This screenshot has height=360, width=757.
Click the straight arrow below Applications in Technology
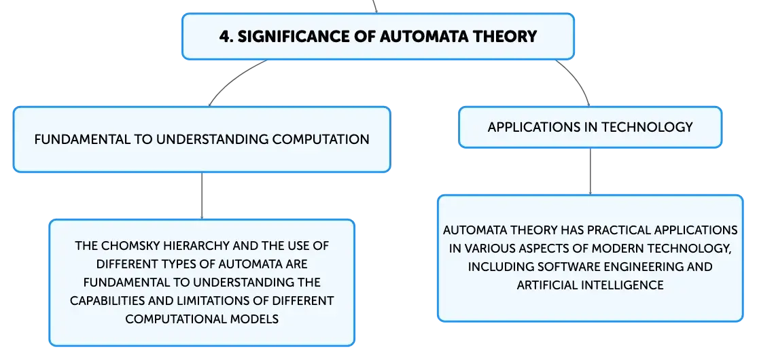590,171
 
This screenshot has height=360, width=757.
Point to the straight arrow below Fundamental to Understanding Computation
202,196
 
